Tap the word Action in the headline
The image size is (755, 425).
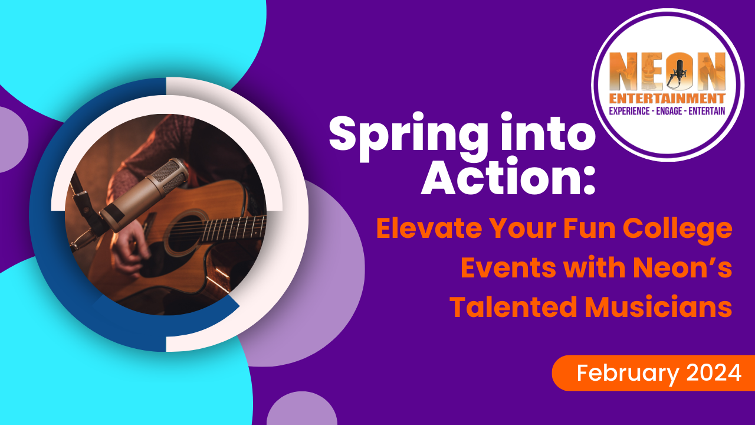501,176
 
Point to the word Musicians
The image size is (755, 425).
658,306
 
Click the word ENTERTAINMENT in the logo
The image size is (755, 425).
667,99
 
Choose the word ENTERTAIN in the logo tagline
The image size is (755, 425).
707,111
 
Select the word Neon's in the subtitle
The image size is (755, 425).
682,267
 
